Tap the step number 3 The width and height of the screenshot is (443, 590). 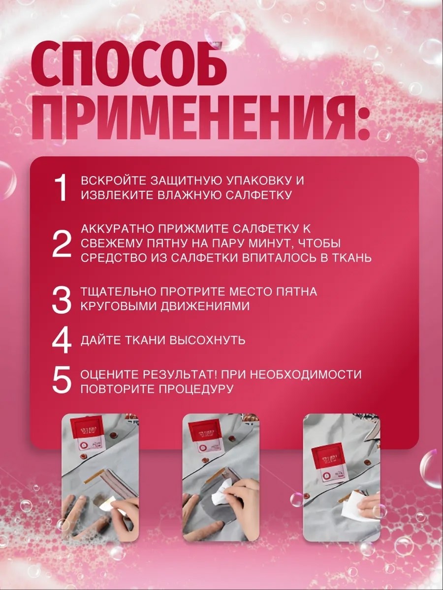[62, 300]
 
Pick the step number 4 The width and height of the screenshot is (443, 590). [62, 340]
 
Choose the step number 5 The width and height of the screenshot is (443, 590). [62, 381]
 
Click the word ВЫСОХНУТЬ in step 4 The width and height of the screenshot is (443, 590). [207, 340]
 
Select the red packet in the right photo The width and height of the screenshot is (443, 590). [326, 464]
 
